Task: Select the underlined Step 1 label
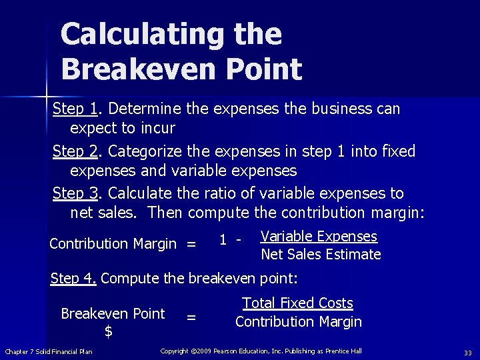75,108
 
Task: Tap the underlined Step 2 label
75,151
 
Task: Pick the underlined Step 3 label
75,193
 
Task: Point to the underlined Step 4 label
73,278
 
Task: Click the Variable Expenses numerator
319,237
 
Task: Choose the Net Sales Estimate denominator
321,254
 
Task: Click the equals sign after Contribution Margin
191,245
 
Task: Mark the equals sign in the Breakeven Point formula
191,318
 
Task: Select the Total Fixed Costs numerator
297,303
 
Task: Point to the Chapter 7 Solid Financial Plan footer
49,352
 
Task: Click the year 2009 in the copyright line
217,351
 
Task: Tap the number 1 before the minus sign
223,237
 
